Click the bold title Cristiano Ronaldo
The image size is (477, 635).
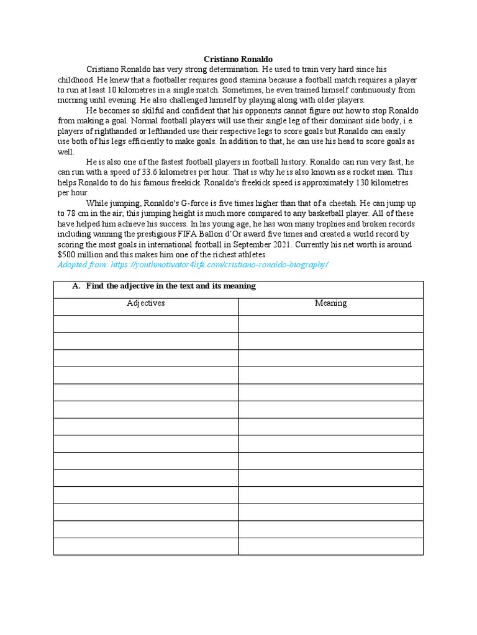pos(238,59)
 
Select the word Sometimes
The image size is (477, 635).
pos(252,90)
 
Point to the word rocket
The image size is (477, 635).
pos(355,172)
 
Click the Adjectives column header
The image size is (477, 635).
pos(146,303)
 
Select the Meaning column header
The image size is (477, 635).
pos(330,303)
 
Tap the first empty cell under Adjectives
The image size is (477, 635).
pos(146,324)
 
